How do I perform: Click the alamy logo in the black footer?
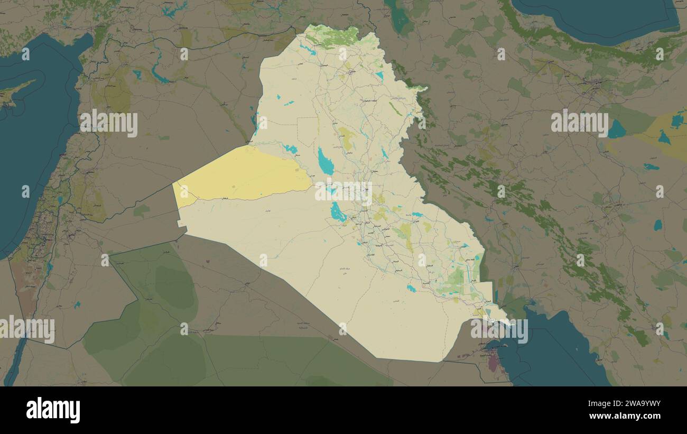point(53,410)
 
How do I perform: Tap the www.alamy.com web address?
point(629,417)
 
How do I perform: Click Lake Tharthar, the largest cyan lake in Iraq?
point(325,162)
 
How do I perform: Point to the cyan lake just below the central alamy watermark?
point(337,212)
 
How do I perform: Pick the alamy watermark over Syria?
point(109,123)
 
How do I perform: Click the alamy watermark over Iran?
point(579,123)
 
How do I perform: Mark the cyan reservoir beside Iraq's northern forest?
point(307,49)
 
